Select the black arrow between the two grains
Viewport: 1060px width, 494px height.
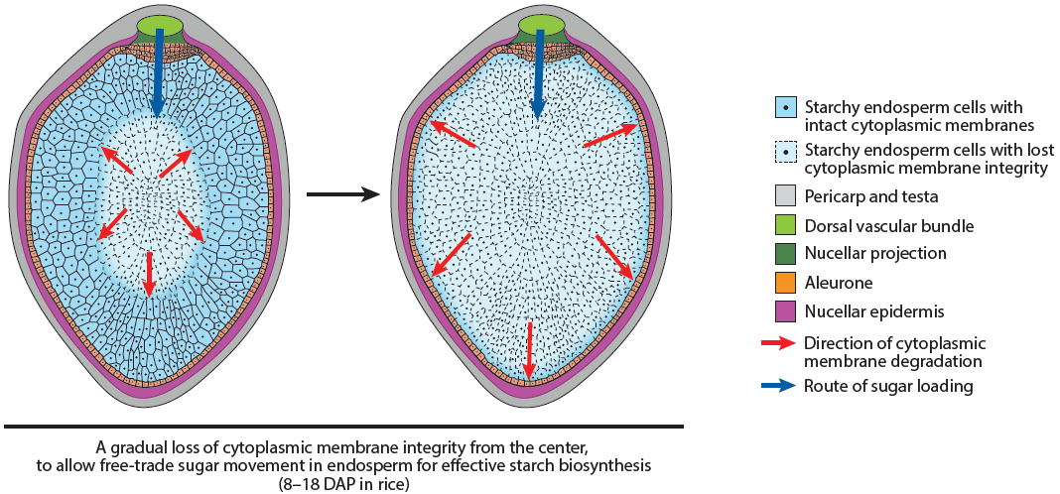click(x=343, y=194)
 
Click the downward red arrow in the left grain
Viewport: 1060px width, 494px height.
click(x=149, y=273)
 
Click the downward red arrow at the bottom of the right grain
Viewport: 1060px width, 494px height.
click(x=530, y=349)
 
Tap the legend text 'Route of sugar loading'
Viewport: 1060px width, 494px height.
click(x=888, y=386)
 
